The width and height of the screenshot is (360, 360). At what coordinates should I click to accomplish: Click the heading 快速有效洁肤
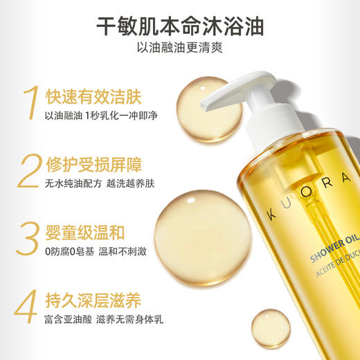pyautogui.click(x=89, y=96)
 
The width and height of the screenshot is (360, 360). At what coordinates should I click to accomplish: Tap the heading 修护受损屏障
pyautogui.click(x=89, y=164)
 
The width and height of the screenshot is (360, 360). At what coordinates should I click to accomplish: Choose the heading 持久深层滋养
pyautogui.click(x=89, y=299)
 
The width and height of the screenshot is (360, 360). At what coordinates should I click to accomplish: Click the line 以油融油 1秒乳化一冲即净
pyautogui.click(x=100, y=116)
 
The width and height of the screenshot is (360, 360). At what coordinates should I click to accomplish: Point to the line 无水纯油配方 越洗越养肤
pyautogui.click(x=100, y=185)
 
